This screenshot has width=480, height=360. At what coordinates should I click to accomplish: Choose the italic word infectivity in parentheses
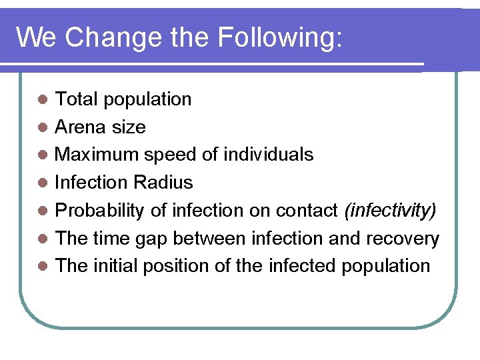[x=391, y=211]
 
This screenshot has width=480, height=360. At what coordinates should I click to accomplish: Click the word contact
[x=308, y=211]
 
